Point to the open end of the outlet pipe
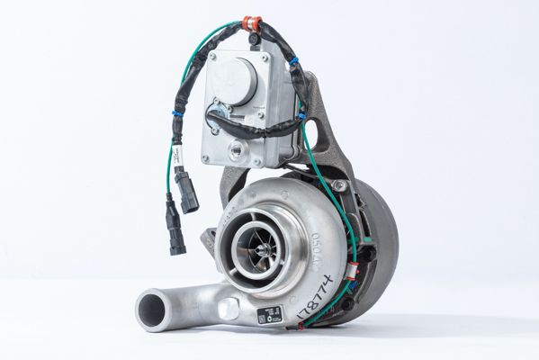tap(153, 310)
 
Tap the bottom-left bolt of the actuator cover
tap(206, 158)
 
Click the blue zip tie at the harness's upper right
tap(292, 62)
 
